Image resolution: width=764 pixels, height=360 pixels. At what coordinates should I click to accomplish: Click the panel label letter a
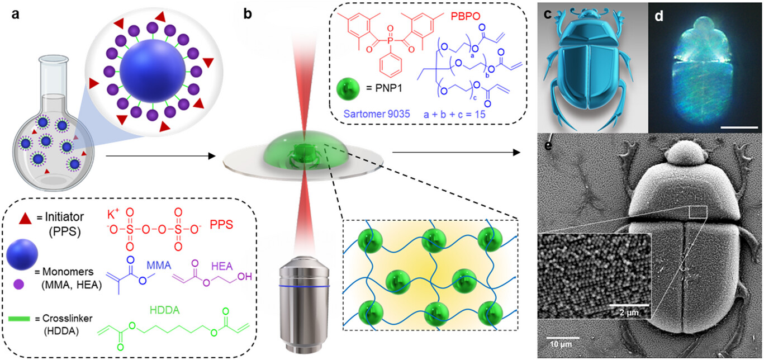(16, 13)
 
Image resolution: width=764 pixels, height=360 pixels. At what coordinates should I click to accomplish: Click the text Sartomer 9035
(369, 114)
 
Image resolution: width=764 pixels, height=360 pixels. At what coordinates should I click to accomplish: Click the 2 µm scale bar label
(628, 311)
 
